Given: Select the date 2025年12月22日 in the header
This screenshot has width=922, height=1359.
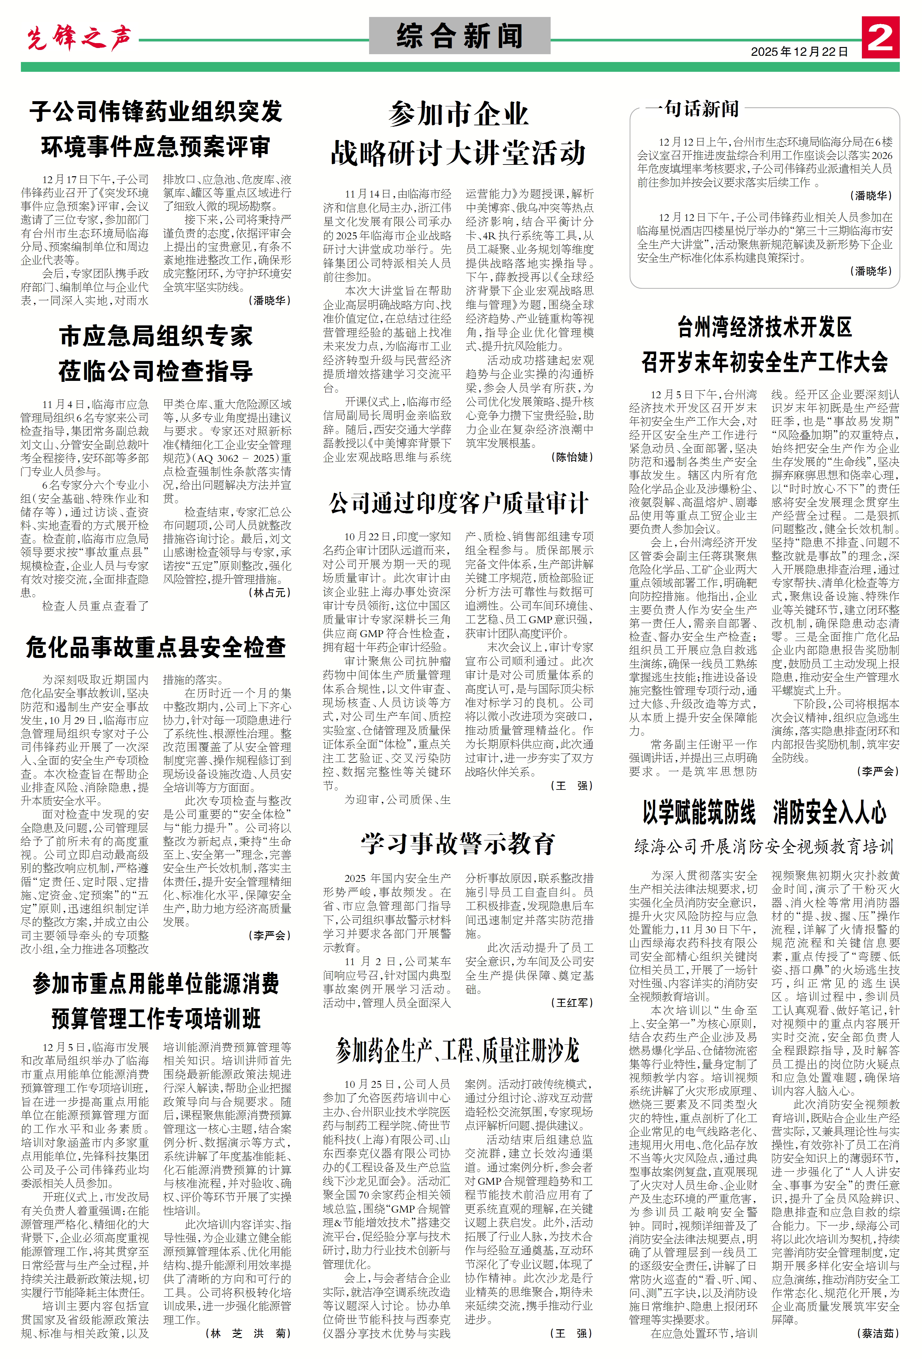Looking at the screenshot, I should tap(799, 52).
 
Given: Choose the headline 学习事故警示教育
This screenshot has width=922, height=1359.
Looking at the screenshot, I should tap(458, 843).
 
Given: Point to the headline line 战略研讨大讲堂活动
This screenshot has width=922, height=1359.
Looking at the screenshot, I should tap(458, 153).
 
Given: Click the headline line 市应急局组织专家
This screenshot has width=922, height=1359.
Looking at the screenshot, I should tap(155, 336).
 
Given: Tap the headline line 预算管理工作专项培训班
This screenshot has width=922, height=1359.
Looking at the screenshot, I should tap(155, 1018).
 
